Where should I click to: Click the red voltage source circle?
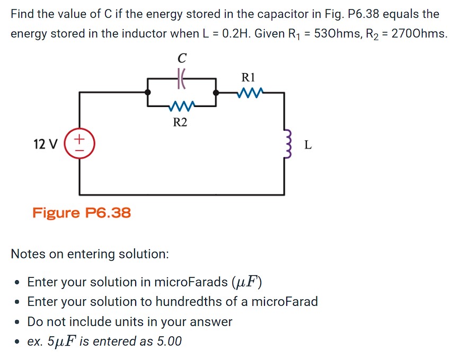79,143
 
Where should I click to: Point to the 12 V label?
45,144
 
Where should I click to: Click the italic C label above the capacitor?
182,57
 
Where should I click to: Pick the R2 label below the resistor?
180,123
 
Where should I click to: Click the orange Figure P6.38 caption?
82,213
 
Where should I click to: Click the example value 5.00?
169,341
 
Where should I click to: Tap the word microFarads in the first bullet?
190,282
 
